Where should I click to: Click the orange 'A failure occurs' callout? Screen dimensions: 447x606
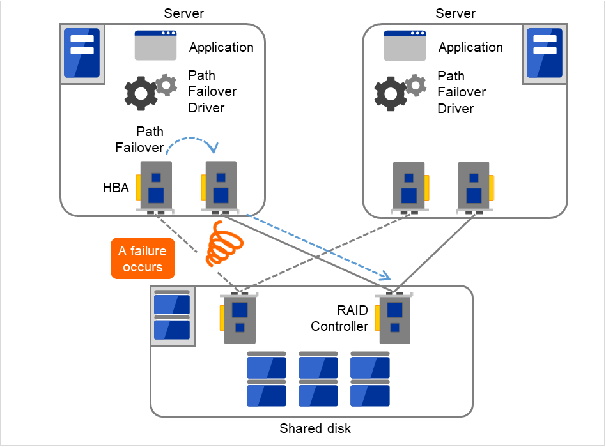coord(143,259)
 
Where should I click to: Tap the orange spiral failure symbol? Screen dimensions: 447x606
coord(221,244)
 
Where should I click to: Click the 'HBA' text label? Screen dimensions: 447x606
coord(116,188)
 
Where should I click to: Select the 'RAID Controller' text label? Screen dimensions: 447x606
coord(339,318)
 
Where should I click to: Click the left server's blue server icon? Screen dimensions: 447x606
coord(82,53)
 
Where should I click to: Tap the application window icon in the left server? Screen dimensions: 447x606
coord(155,45)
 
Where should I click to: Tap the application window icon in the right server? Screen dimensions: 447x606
coord(405,45)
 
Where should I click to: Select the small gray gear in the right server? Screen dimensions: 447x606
coord(416,84)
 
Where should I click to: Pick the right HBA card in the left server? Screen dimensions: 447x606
coord(219,187)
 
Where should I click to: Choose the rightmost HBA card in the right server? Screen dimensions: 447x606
coord(475,187)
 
